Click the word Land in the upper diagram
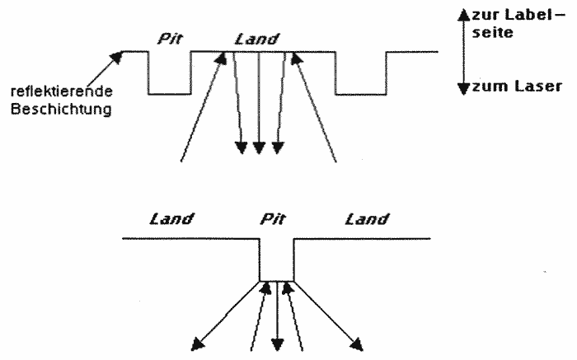pyautogui.click(x=257, y=37)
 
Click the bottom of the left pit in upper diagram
pyautogui.click(x=170, y=94)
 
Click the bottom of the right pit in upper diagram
pyautogui.click(x=362, y=94)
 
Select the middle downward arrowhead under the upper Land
pyautogui.click(x=259, y=147)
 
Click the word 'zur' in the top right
pyautogui.click(x=481, y=14)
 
